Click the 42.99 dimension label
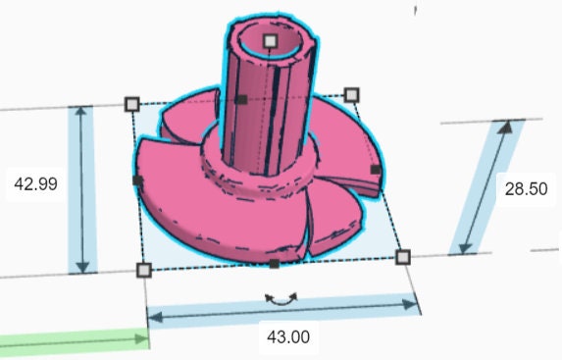(35, 184)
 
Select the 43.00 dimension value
(288, 337)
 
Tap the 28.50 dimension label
(526, 189)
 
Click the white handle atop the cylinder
(271, 41)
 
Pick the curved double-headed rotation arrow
(281, 300)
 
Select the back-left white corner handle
(132, 104)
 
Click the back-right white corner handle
(351, 95)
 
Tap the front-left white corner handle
(144, 270)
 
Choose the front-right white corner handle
(403, 257)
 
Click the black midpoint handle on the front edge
(275, 264)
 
